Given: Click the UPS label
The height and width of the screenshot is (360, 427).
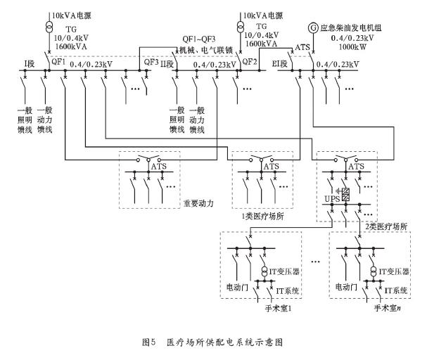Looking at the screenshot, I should (331, 200).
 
